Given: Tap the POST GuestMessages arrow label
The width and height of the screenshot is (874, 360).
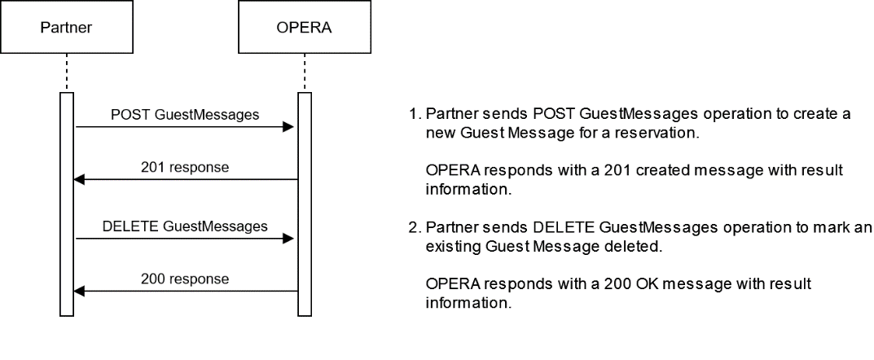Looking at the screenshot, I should (185, 115).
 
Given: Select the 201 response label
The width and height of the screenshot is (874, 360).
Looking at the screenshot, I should (185, 168).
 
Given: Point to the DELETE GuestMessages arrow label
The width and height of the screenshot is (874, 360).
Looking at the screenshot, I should (185, 226).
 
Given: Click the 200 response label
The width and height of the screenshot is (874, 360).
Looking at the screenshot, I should (185, 279).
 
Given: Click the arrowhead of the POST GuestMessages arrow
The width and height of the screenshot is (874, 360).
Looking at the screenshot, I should (289, 128).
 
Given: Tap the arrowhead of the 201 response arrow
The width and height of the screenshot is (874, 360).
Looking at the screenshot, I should (81, 180).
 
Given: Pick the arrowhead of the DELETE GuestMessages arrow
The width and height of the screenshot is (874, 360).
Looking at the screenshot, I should (289, 239).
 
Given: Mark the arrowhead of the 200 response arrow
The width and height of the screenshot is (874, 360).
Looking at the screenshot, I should (81, 292).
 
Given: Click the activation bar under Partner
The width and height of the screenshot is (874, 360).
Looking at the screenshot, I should (67, 204).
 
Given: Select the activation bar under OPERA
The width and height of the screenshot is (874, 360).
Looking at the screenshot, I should (304, 204).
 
